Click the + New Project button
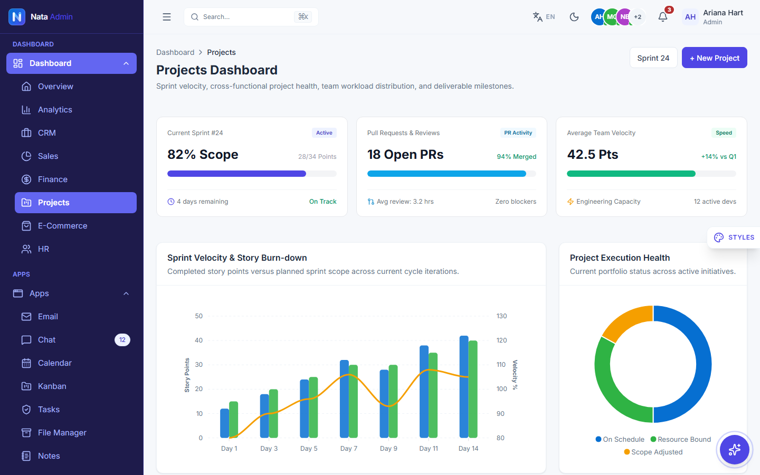coord(714,58)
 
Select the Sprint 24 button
coord(653,58)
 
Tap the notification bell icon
coord(663,17)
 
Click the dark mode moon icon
coord(574,17)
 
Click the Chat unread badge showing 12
coord(122,340)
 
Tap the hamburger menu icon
coord(167,17)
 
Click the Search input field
coord(251,17)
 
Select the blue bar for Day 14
coord(464,387)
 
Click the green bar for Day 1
coord(233,420)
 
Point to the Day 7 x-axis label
coord(348,449)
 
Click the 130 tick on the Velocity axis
coord(501,316)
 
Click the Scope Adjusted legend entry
coord(653,452)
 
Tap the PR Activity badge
coord(518,132)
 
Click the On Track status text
coord(322,202)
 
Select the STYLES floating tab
coord(734,237)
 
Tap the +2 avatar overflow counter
coord(638,17)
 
